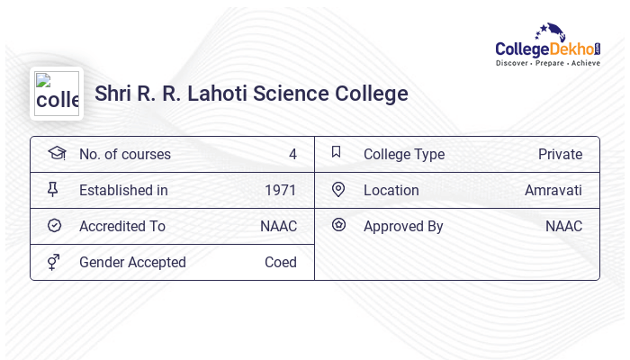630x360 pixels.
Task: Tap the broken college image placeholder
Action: click(57, 94)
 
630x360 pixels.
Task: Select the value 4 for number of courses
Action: click(292, 154)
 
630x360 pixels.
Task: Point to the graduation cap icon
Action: click(57, 153)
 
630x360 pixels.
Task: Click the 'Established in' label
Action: click(123, 190)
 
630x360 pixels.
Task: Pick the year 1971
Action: click(281, 190)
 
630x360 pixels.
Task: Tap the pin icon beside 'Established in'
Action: click(53, 189)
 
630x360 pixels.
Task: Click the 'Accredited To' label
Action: click(122, 226)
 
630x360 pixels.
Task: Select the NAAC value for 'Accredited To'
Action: click(278, 226)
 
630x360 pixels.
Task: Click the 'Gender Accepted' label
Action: click(132, 262)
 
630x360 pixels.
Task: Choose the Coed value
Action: click(281, 262)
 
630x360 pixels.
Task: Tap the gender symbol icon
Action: click(54, 261)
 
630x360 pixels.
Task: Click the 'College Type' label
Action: click(404, 154)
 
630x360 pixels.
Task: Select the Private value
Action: click(560, 154)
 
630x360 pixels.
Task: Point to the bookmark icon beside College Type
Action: click(337, 152)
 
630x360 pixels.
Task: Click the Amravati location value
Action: click(553, 190)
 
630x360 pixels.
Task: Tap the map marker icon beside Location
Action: click(338, 189)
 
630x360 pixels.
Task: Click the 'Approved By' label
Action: click(403, 226)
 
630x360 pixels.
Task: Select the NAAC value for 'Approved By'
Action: click(563, 226)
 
